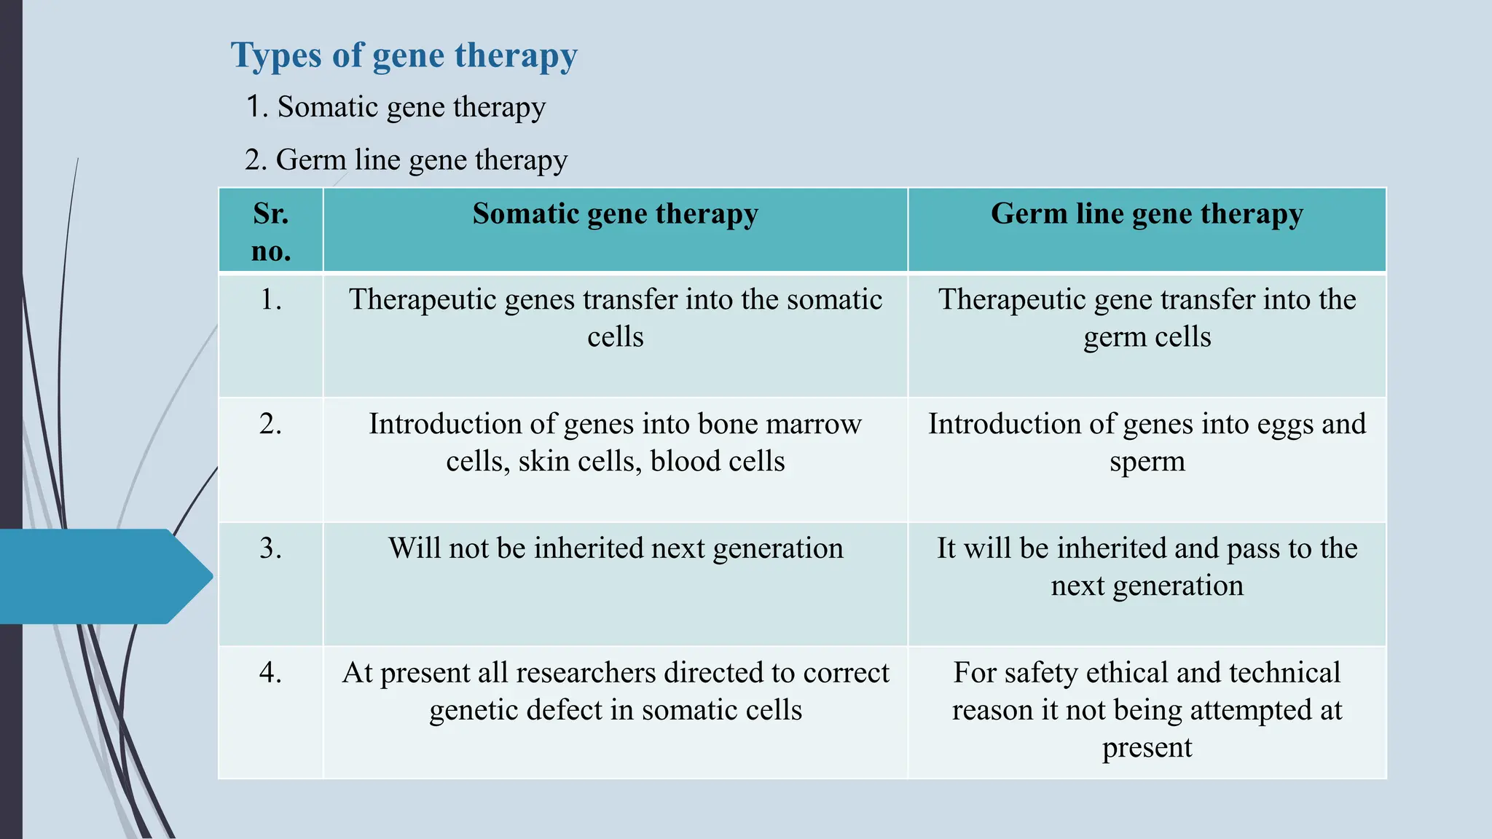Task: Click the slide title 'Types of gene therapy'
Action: click(404, 56)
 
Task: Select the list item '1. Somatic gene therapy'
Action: click(396, 107)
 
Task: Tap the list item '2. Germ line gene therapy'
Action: click(406, 159)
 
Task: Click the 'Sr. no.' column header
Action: click(271, 232)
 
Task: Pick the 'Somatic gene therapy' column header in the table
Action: click(615, 214)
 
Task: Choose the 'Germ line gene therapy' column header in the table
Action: click(1147, 214)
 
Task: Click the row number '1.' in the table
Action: click(271, 299)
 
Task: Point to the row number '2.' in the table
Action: click(271, 424)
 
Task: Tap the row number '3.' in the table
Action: click(271, 548)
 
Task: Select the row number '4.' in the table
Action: click(271, 672)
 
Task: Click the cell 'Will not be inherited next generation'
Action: click(616, 548)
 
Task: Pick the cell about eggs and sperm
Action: click(1147, 442)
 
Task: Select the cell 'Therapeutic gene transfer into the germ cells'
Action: click(1147, 318)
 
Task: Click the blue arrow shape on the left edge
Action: click(102, 576)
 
